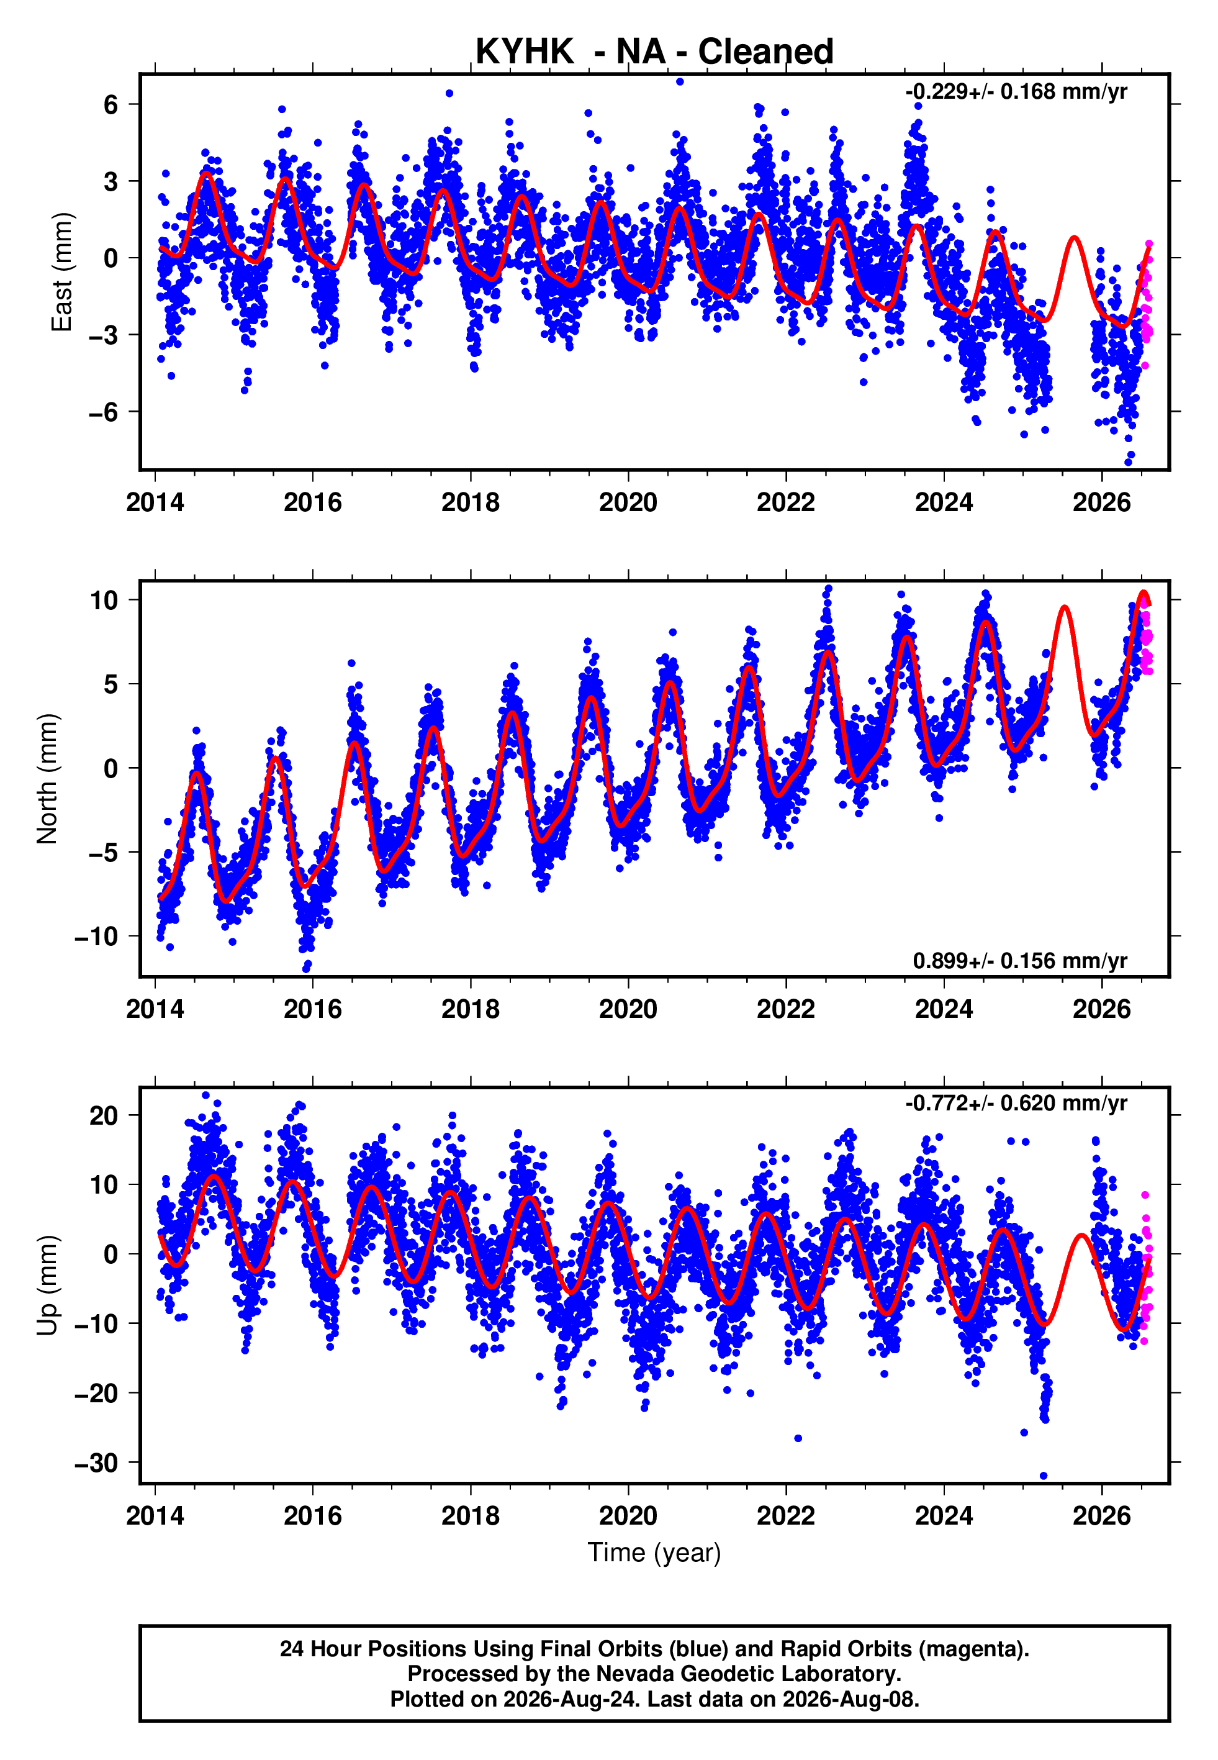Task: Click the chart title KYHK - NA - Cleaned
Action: click(x=654, y=52)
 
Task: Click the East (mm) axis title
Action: click(x=61, y=272)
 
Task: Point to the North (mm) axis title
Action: click(x=47, y=779)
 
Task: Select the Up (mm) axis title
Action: click(x=47, y=1286)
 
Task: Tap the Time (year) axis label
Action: click(x=654, y=1553)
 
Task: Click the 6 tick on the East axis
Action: click(x=111, y=104)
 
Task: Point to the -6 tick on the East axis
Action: click(x=104, y=412)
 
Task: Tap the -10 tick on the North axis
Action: click(x=97, y=937)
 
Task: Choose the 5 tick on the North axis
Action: click(x=111, y=684)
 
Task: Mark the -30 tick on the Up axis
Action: click(x=97, y=1463)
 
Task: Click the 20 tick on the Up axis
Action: click(x=104, y=1116)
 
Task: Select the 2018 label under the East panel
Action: click(x=470, y=502)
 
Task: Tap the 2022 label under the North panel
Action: click(x=786, y=1009)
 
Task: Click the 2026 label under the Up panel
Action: click(x=1102, y=1516)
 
